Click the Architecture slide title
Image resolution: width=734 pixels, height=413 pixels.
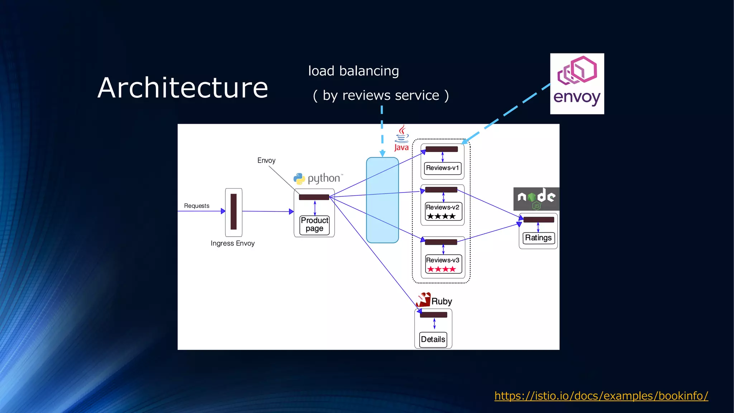pos(183,88)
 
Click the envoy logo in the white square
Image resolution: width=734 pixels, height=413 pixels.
pos(577,84)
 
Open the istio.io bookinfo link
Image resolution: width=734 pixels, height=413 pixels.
pos(601,396)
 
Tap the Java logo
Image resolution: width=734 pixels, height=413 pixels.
pos(402,138)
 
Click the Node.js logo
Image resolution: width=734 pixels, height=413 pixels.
pos(536,199)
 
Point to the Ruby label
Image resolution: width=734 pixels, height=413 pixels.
pos(441,301)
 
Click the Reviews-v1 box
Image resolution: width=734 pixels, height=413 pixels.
pos(442,168)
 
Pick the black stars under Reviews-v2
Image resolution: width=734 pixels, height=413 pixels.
pos(441,216)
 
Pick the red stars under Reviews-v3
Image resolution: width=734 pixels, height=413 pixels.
pos(441,269)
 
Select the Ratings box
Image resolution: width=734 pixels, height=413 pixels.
pos(538,238)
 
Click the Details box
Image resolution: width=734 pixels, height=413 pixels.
pos(433,339)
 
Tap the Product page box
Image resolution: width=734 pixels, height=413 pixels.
pos(314,224)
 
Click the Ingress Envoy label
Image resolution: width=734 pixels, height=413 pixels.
pos(233,243)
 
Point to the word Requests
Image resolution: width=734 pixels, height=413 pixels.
pos(196,206)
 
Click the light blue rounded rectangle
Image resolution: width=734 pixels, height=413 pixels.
pos(382,200)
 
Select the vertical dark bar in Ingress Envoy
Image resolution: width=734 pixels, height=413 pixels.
pos(234,212)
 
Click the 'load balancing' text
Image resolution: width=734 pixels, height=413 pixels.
pos(353,71)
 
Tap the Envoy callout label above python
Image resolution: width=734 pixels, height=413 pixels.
pos(266,160)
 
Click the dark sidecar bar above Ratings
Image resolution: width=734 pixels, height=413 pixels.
pos(539,219)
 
